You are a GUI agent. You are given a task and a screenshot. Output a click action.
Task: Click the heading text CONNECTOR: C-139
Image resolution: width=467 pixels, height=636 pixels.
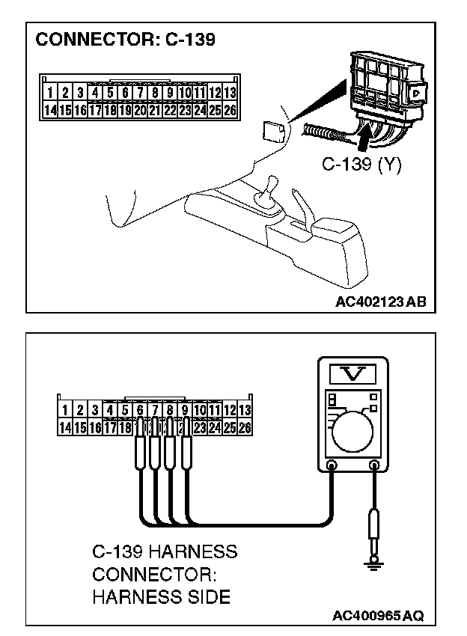click(125, 40)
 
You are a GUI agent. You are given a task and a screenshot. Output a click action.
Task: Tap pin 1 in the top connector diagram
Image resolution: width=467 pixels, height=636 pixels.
click(50, 94)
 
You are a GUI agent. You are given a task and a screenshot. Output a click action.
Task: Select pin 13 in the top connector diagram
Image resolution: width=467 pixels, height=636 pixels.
click(230, 94)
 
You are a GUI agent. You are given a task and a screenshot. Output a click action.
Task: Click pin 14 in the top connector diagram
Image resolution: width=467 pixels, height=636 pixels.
click(50, 110)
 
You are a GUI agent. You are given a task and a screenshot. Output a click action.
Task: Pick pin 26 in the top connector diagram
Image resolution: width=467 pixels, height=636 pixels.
click(230, 110)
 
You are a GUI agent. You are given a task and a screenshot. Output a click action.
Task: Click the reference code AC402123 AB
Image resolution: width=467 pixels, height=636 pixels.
click(381, 302)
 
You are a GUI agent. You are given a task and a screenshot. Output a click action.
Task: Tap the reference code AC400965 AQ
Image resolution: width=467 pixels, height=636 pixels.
click(378, 616)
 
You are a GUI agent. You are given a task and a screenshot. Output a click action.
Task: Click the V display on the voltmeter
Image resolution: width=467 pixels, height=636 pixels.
click(352, 373)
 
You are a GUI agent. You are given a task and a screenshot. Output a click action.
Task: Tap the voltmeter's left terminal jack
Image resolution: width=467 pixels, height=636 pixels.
click(332, 465)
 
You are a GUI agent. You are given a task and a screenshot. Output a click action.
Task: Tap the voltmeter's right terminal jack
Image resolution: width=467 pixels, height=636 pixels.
click(373, 465)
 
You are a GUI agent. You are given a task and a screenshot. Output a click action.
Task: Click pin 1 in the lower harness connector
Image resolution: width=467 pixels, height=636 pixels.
click(65, 410)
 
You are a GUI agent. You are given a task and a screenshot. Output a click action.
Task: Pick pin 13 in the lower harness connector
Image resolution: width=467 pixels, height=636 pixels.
click(245, 410)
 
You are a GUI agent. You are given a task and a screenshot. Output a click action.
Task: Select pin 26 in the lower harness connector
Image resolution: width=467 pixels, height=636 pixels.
click(245, 428)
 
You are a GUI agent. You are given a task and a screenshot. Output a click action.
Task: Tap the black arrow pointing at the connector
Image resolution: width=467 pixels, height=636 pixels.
click(363, 138)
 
